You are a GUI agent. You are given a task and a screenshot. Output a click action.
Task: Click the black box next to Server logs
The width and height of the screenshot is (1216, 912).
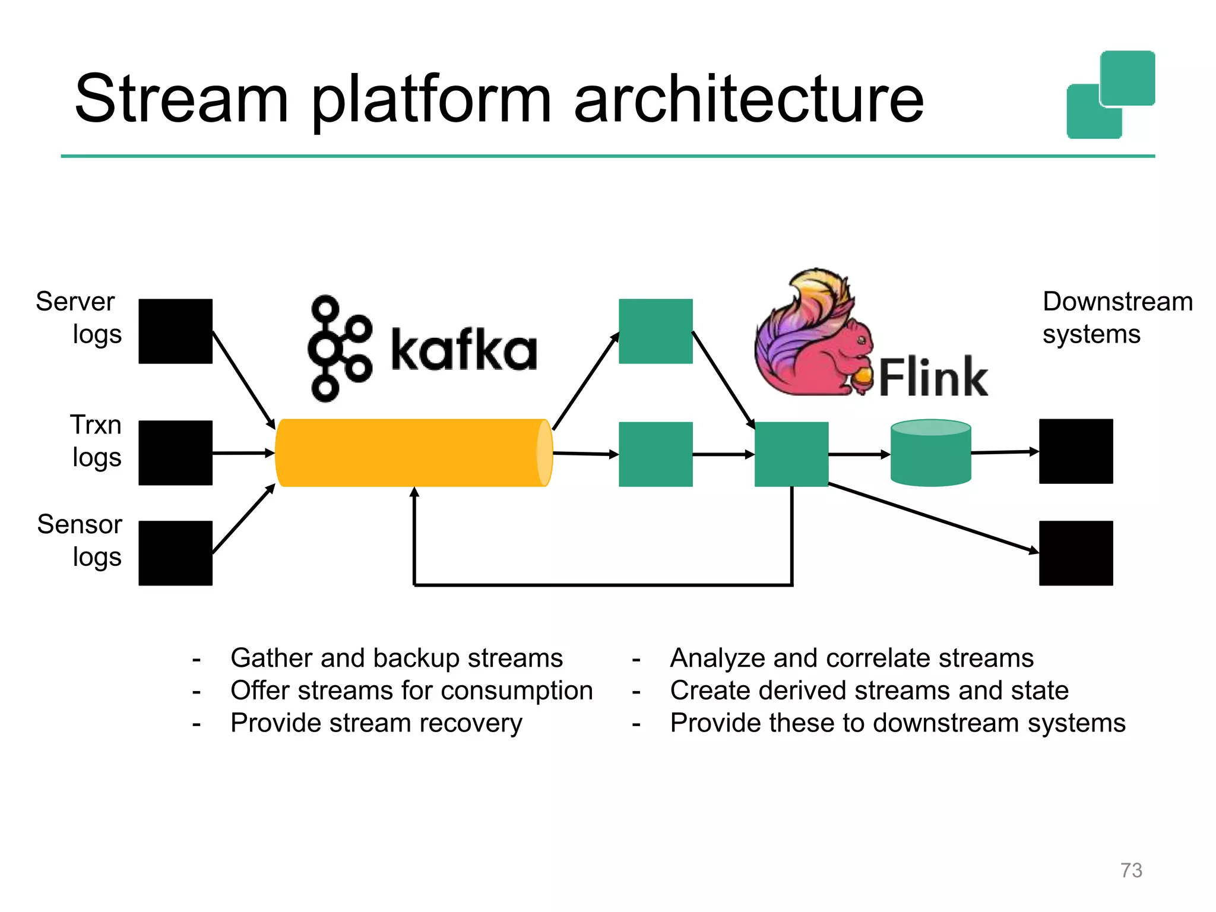[175, 331]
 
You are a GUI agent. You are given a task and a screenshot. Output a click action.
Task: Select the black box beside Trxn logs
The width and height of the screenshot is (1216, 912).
[175, 452]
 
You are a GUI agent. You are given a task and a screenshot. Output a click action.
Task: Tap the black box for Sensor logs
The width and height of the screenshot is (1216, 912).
[175, 553]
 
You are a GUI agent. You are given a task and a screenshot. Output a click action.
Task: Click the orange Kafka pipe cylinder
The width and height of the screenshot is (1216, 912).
[413, 452]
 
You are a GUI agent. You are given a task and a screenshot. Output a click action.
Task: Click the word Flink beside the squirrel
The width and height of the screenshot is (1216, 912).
[933, 377]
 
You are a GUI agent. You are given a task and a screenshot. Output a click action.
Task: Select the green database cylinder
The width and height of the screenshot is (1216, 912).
[930, 453]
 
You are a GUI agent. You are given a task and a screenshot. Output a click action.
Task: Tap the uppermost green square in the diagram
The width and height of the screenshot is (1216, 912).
[655, 331]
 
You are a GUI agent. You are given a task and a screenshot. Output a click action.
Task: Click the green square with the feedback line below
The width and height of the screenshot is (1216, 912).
[791, 454]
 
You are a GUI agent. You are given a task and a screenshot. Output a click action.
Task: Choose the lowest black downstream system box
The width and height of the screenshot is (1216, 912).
[1075, 553]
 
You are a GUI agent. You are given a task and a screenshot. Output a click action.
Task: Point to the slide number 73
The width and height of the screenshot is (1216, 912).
[1130, 870]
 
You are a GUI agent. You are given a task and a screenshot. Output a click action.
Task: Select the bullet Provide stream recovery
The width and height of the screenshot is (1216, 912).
[376, 723]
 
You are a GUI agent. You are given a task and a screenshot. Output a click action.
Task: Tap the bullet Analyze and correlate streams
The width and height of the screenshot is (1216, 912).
[851, 658]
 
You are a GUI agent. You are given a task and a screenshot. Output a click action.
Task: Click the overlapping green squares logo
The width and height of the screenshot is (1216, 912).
[1110, 95]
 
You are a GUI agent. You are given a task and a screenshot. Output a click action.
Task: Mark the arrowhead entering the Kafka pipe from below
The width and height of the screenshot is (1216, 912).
[414, 492]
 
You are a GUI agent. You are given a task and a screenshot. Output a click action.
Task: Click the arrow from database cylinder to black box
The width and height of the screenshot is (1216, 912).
[1005, 452]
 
